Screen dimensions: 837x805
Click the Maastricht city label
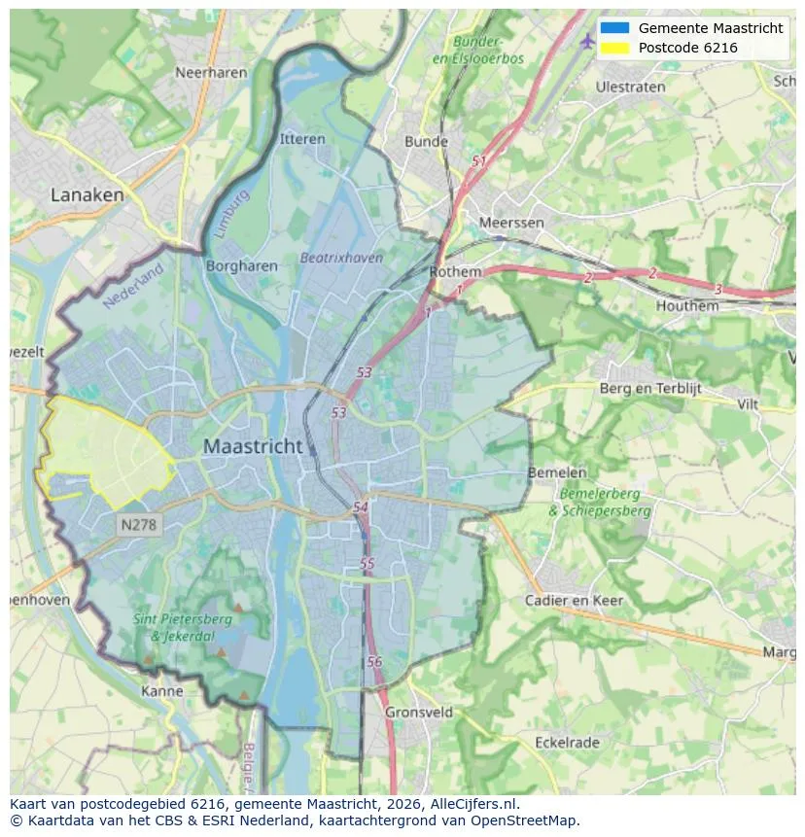point(253,447)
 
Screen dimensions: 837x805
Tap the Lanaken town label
point(87,194)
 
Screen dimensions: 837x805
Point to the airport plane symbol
point(587,41)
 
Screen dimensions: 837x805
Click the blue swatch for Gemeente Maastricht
point(614,28)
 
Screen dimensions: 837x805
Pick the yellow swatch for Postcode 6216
point(614,48)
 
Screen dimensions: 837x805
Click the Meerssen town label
point(511,223)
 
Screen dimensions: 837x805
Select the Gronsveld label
point(419,712)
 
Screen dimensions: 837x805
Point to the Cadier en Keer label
point(574,600)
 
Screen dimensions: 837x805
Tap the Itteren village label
point(302,139)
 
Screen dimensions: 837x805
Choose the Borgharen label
point(242,265)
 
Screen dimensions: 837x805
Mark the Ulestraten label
point(630,87)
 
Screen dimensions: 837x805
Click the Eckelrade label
point(567,743)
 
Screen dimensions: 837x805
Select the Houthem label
point(687,305)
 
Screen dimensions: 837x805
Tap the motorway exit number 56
point(375,661)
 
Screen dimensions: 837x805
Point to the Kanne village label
point(161,691)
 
